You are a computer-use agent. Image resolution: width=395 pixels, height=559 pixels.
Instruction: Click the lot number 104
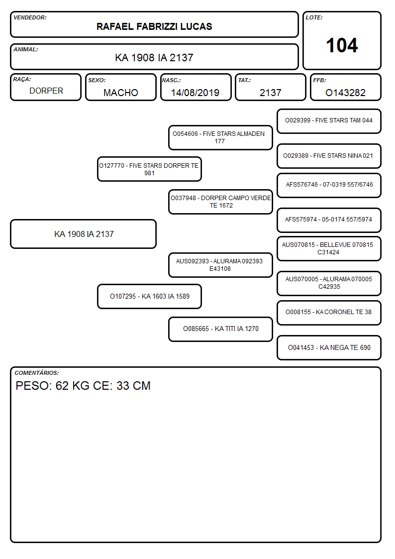tap(342, 45)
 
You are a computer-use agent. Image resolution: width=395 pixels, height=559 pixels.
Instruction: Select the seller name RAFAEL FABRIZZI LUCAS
tap(154, 26)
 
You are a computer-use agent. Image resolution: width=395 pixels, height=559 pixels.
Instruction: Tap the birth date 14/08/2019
tap(195, 93)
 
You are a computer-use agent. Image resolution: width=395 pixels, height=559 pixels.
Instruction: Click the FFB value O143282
tap(345, 93)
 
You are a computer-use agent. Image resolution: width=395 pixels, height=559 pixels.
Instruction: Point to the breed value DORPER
tap(46, 91)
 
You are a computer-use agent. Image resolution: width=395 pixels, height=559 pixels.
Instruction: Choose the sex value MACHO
tap(121, 93)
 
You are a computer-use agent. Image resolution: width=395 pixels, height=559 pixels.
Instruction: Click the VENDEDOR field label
tap(30, 17)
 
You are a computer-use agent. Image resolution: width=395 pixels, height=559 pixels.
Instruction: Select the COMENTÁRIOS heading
tap(37, 373)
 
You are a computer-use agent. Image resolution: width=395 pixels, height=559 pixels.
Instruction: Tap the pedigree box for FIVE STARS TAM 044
tap(329, 121)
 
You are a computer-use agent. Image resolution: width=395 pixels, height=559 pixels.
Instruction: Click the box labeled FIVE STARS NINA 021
tap(329, 156)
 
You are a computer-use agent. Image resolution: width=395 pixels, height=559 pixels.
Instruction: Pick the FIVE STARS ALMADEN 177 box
tap(220, 137)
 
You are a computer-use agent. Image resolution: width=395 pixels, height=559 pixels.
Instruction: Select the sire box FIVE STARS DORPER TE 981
tap(149, 169)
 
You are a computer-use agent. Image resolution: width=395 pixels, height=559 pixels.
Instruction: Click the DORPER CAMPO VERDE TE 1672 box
tap(220, 202)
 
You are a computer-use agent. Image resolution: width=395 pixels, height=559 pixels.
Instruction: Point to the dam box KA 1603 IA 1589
tap(149, 296)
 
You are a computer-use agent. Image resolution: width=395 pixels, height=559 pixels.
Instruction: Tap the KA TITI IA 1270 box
tap(220, 329)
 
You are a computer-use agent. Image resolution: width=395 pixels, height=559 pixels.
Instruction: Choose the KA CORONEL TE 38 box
tap(329, 313)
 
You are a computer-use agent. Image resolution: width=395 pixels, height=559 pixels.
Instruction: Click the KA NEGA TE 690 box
tap(329, 347)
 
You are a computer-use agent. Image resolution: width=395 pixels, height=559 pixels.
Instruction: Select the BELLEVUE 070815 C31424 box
tap(329, 248)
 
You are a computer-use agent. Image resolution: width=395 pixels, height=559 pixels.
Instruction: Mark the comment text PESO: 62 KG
tap(53, 386)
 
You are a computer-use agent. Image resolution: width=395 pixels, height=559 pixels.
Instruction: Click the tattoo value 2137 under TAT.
tap(270, 93)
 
